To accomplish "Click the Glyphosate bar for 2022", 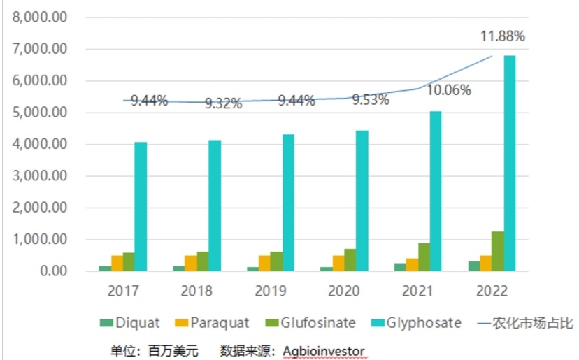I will (x=509, y=163).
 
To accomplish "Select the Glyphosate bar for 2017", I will (x=141, y=206).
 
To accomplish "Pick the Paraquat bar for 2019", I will (x=264, y=263).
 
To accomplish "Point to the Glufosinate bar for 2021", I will (x=424, y=257).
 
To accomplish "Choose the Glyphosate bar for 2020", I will (x=362, y=201).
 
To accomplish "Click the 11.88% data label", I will (x=501, y=36).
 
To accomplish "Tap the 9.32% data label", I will (x=223, y=103).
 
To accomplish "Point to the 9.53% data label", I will (x=370, y=99).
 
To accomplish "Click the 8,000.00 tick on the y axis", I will (x=40, y=17).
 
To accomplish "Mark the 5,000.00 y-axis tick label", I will (x=40, y=113).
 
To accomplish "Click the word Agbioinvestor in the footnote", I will (x=324, y=350).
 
